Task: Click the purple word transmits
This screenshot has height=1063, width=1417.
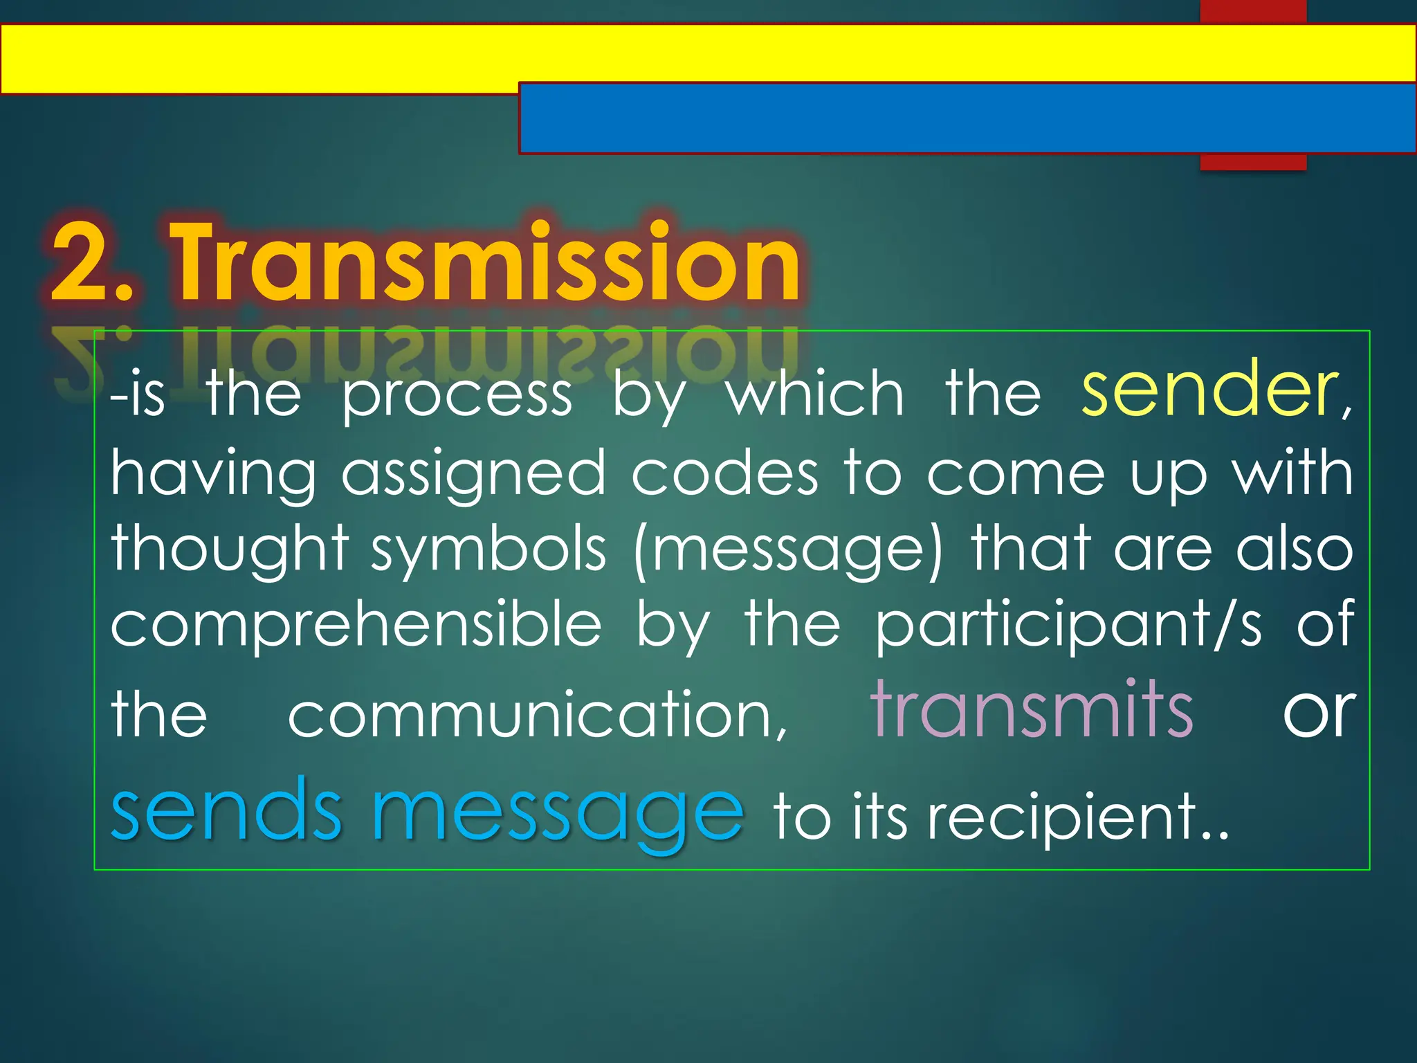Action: click(1031, 710)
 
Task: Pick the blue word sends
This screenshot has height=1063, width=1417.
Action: click(226, 810)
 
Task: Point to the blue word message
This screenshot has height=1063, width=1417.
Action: click(558, 813)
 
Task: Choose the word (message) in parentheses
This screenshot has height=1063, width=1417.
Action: click(788, 550)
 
